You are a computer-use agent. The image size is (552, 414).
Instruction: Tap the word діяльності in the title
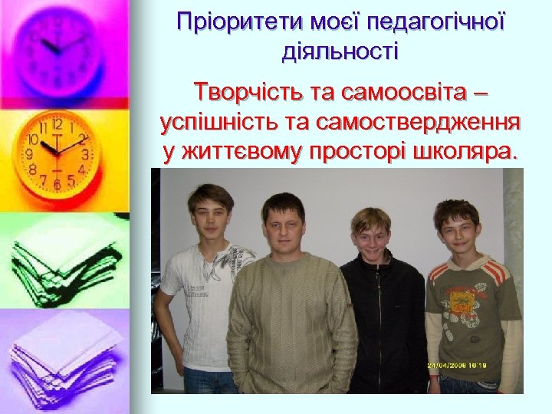340,53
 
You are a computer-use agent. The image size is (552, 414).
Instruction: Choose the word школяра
469,151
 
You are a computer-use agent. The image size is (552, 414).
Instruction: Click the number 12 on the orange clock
58,123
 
